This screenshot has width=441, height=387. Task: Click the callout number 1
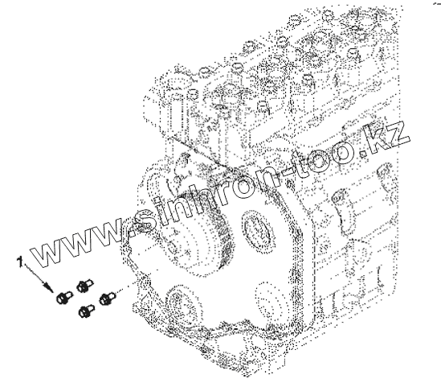pos(19,262)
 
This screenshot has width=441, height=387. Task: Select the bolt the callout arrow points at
pos(64,298)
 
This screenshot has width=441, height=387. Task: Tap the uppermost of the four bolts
pos(84,286)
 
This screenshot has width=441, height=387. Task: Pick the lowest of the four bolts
pos(86,311)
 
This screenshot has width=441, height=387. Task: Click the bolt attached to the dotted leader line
pos(107,298)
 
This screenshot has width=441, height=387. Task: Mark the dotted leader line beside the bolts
pos(125,288)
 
